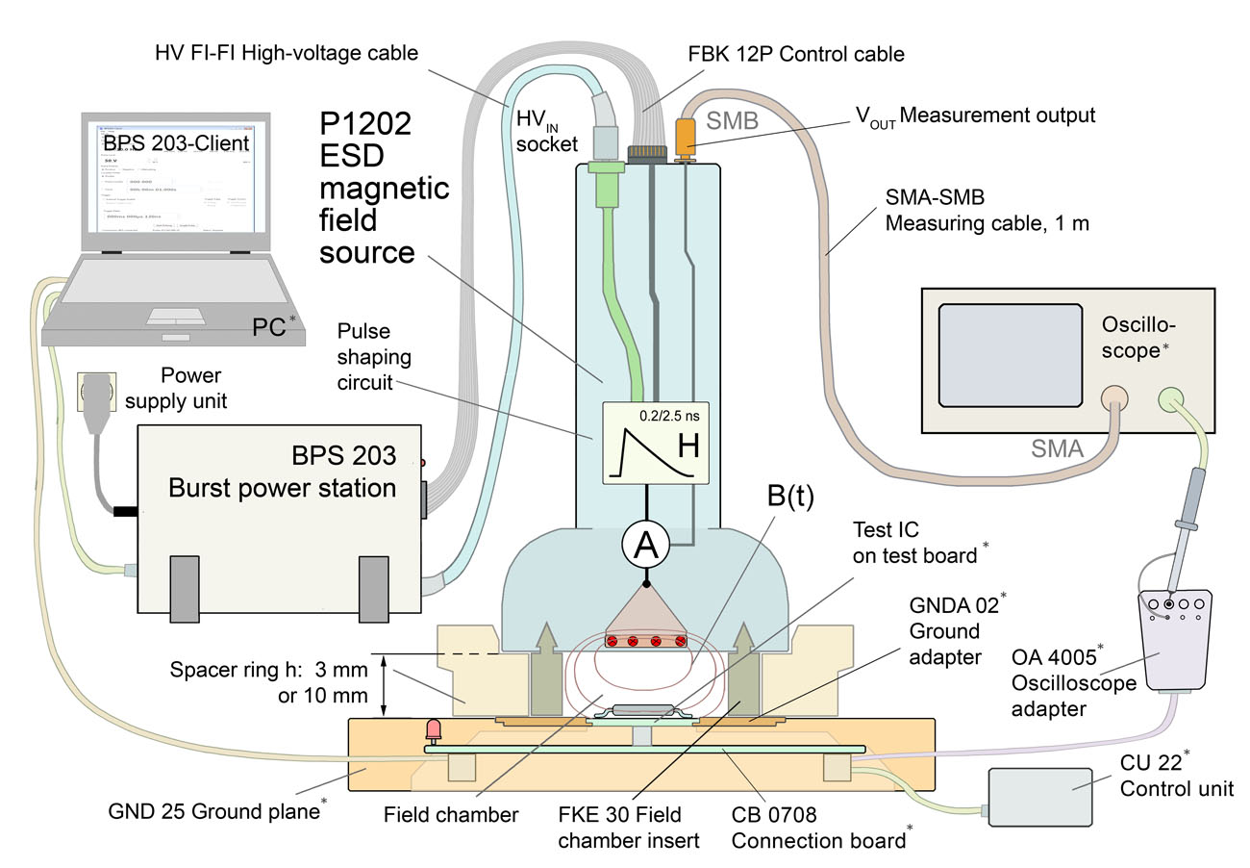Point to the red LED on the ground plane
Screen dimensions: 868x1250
(434, 729)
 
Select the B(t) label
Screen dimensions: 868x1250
(791, 498)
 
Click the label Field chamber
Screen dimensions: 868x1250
(450, 814)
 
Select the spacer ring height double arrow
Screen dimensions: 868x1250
(384, 686)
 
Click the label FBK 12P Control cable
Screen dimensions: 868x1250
(795, 54)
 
